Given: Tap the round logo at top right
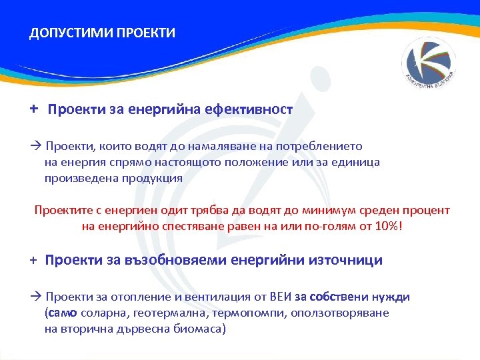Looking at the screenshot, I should [429, 64].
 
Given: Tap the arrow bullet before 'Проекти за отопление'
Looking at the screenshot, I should [37, 297].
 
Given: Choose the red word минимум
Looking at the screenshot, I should [299, 211].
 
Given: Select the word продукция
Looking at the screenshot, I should [153, 178].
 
